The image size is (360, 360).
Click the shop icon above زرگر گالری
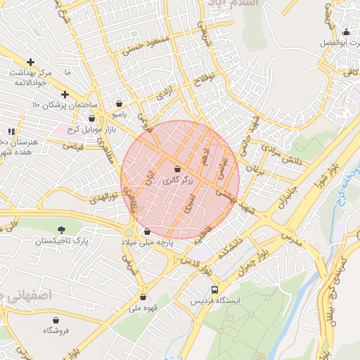(x=176, y=169)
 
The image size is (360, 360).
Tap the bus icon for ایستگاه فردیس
(x=214, y=289)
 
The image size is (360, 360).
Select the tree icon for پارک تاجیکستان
(x=63, y=230)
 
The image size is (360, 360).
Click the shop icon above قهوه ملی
(x=143, y=297)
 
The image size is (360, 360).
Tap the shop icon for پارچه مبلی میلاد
(x=147, y=231)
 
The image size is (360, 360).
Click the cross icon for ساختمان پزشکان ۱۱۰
(x=65, y=94)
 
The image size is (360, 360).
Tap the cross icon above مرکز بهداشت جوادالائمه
(x=30, y=63)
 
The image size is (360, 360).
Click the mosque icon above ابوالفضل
(x=345, y=32)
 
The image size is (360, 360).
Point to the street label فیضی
(x=73, y=146)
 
